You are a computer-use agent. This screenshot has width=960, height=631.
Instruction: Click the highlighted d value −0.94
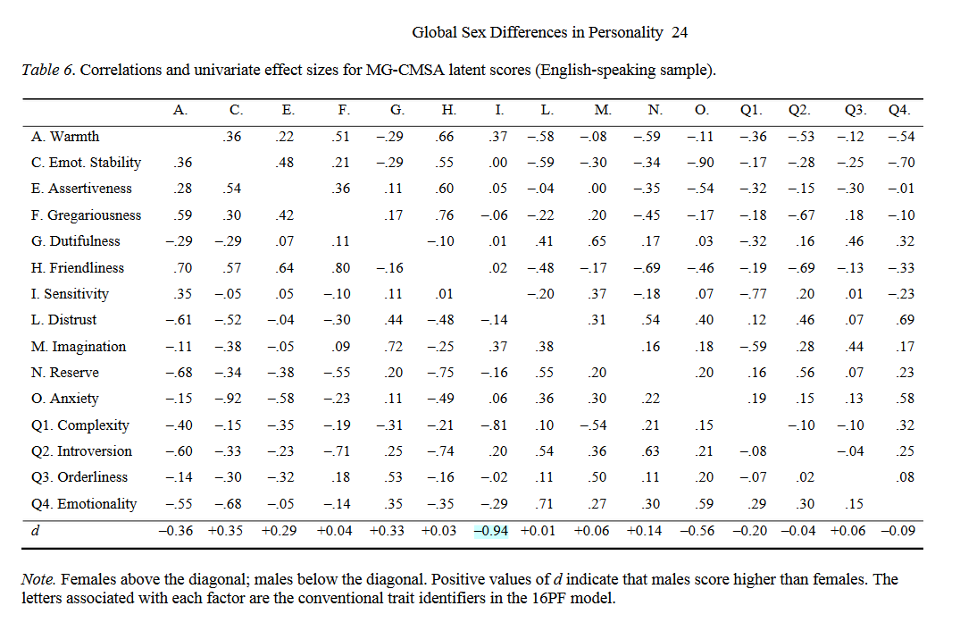pyautogui.click(x=490, y=531)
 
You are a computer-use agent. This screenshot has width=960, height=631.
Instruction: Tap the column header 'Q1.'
pyautogui.click(x=751, y=111)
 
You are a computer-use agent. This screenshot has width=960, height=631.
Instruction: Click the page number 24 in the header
pyautogui.click(x=679, y=33)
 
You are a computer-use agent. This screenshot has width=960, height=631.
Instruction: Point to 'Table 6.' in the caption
pyautogui.click(x=48, y=70)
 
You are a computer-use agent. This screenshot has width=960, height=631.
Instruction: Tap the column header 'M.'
pyautogui.click(x=603, y=111)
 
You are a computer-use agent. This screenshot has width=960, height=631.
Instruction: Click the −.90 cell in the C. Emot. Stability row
pyautogui.click(x=703, y=163)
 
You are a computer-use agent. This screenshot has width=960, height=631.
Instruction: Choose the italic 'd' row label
pyautogui.click(x=34, y=531)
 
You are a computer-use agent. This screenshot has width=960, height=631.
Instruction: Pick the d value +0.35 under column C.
pyautogui.click(x=230, y=531)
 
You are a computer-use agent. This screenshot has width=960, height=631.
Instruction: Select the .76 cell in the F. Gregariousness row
pyautogui.click(x=447, y=215)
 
